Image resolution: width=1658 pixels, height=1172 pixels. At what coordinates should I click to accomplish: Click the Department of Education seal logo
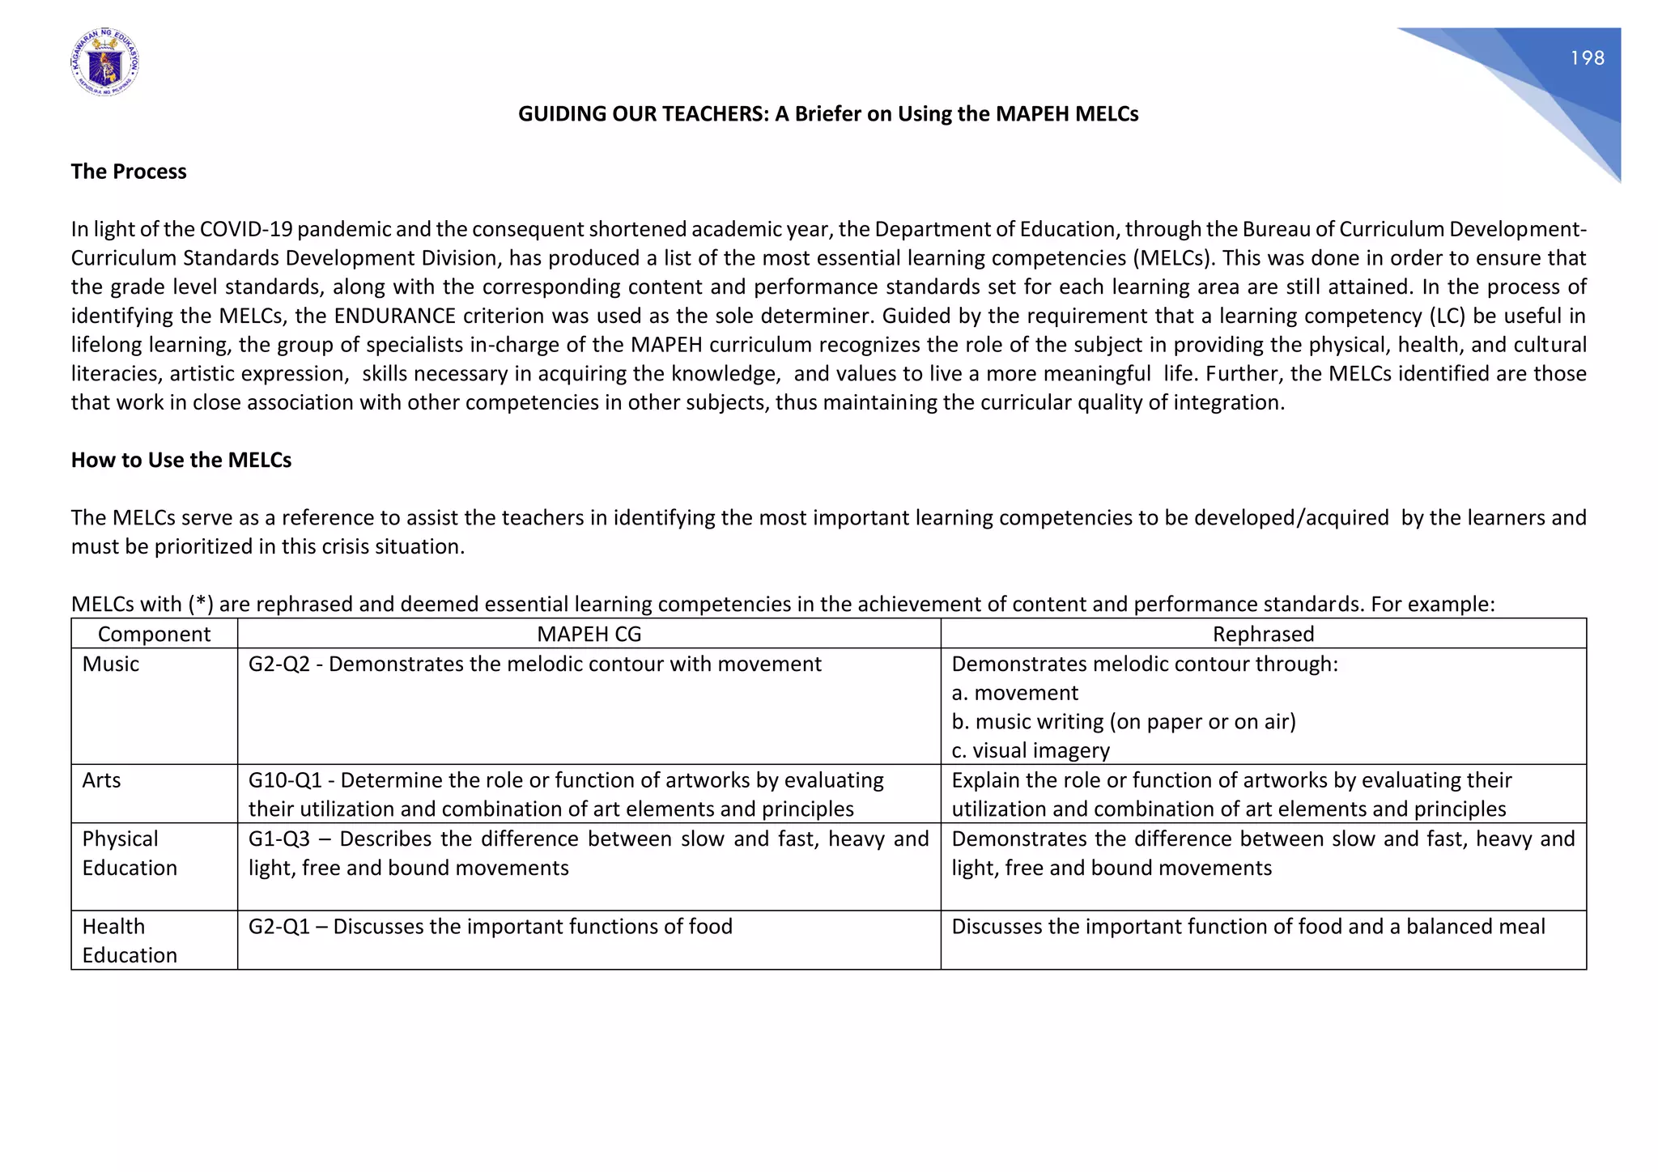point(104,63)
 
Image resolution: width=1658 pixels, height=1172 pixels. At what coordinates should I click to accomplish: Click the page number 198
point(1587,58)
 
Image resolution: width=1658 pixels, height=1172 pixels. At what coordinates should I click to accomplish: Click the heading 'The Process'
point(128,172)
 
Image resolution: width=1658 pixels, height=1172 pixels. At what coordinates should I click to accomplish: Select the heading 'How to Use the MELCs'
point(181,460)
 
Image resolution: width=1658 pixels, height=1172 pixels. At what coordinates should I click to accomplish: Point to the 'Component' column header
point(154,634)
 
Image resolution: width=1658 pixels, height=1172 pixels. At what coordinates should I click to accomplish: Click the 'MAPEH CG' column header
point(589,634)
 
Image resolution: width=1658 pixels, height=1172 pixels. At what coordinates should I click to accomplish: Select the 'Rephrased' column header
point(1262,634)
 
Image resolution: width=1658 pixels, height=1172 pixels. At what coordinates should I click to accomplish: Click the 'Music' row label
point(110,664)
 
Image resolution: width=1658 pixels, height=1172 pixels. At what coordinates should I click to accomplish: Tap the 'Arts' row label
point(101,780)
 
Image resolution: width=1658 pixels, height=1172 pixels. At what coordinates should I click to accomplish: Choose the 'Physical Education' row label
point(129,853)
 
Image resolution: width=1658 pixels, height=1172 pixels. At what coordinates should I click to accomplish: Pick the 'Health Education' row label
point(129,941)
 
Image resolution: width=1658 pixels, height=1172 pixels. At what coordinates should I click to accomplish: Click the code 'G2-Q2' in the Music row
point(278,664)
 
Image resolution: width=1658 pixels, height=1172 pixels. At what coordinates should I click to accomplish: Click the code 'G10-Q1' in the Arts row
point(284,780)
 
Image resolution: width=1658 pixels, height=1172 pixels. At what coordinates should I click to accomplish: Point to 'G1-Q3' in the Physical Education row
point(278,839)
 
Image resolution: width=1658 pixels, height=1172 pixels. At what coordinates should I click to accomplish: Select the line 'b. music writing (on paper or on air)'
point(1123,721)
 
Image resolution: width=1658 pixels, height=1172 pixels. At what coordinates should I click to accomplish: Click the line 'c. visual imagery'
point(1030,750)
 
